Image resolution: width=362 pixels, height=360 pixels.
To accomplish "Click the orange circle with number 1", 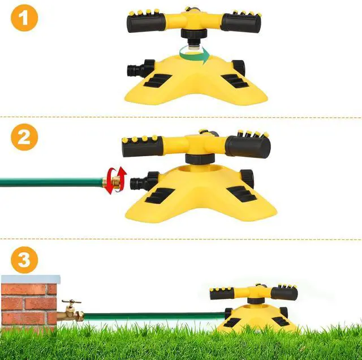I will tap(24, 19).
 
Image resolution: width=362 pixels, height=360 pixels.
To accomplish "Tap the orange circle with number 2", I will tap(24, 137).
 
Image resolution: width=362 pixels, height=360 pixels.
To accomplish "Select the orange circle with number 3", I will tap(24, 260).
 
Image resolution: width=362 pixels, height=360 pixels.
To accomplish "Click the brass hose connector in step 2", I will tap(115, 182).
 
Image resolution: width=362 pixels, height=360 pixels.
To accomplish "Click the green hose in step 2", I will tap(51, 182).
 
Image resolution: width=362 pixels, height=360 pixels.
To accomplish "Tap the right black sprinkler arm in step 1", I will tap(241, 22).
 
